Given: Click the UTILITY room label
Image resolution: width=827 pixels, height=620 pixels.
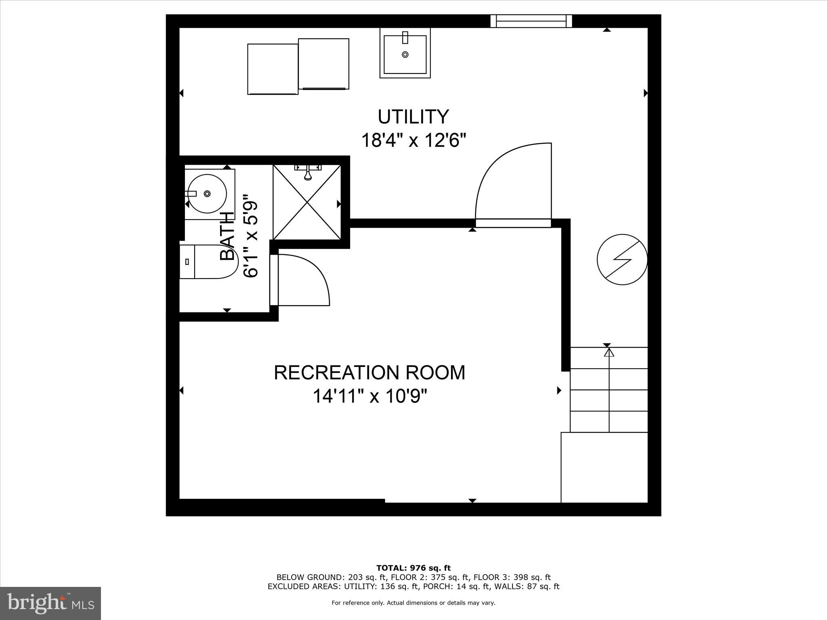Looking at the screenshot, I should click(413, 117).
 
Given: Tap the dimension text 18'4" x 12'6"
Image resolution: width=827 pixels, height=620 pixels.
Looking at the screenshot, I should click(413, 141).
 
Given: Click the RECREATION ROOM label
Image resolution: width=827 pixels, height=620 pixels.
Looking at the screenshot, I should click(369, 373).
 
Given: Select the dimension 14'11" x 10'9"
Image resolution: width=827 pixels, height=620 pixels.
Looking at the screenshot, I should click(369, 396).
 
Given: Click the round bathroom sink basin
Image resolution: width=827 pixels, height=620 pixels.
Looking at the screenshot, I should click(207, 194).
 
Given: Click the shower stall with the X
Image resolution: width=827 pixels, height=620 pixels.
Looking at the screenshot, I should click(307, 202).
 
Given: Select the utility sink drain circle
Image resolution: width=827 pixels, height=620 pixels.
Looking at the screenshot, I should click(405, 54).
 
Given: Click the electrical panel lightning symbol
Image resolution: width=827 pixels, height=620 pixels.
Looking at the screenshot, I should click(622, 260).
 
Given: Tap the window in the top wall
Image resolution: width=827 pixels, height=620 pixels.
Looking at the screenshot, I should click(531, 21).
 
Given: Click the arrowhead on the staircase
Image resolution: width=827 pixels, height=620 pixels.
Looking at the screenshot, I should click(609, 352).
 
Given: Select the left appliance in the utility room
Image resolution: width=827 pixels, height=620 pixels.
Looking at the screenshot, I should click(273, 69).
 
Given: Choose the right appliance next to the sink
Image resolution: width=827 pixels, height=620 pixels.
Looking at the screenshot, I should click(323, 64).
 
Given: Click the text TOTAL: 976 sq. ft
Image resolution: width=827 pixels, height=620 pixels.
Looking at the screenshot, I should click(413, 568).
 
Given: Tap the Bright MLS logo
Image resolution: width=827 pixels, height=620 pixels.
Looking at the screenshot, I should click(50, 603).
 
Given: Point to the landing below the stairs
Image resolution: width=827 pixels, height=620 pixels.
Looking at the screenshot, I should click(604, 467).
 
